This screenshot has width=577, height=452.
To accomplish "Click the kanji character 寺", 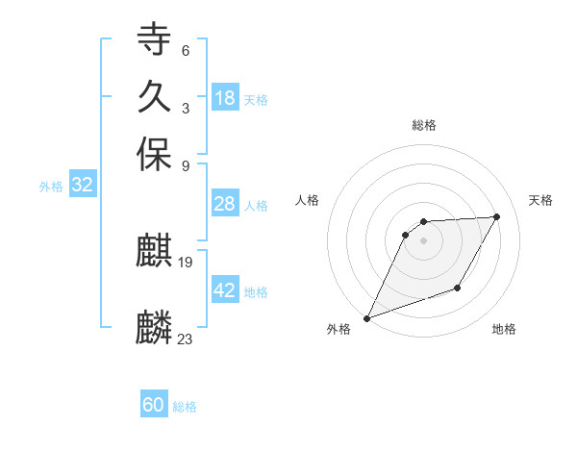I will (x=154, y=40).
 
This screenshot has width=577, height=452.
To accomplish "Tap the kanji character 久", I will (x=154, y=97).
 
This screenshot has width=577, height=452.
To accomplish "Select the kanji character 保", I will (x=154, y=155).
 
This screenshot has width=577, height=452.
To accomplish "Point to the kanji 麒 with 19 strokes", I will (x=154, y=253).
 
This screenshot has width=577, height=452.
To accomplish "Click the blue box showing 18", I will (x=225, y=98).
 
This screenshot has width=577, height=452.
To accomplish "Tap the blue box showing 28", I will (x=225, y=204).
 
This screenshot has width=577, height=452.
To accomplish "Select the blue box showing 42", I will (x=225, y=290).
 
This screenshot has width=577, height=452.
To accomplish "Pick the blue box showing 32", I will (x=82, y=186).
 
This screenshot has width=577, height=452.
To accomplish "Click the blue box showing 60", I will (x=154, y=405).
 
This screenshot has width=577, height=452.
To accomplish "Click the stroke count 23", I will (x=186, y=338).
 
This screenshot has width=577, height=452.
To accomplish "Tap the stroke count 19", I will (x=187, y=262).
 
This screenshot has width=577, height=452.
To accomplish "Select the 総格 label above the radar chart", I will (x=424, y=125).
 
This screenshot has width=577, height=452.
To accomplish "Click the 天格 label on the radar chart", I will (x=540, y=200).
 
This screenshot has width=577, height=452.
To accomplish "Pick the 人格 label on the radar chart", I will (x=307, y=200).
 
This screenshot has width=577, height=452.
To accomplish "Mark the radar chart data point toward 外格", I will (x=367, y=318).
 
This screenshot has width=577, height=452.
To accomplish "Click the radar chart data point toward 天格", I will (x=496, y=217).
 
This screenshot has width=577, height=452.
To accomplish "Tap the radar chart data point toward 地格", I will (x=458, y=288).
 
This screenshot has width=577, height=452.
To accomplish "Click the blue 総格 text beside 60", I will (x=185, y=407).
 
